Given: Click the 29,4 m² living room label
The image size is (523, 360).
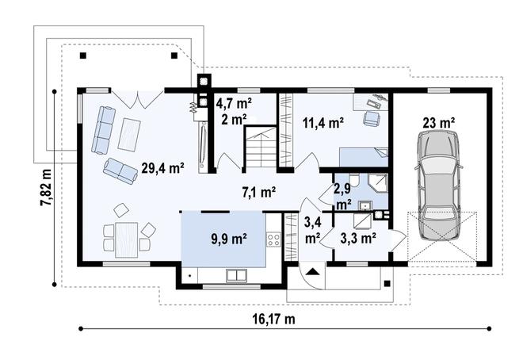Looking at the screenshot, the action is (162, 168).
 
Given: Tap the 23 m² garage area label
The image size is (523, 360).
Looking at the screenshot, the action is (439, 123).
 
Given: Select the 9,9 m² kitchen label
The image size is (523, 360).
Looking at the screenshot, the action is (229, 239).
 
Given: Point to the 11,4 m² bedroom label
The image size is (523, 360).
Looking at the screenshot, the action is (323, 123).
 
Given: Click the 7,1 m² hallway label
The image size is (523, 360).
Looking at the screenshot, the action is (259, 192).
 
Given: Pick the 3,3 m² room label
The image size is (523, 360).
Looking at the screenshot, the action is (358, 238).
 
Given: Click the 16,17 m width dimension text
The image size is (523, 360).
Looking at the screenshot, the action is (273, 320).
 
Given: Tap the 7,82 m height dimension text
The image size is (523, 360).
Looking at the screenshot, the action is (47, 187).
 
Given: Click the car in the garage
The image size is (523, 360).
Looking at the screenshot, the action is (438, 186).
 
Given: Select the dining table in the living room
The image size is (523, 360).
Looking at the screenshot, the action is (127, 240).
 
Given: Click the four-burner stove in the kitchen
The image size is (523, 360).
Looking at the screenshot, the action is (273, 239).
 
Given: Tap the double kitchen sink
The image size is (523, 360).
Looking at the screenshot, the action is (236, 275).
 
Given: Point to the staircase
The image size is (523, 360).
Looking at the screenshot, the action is (261, 147).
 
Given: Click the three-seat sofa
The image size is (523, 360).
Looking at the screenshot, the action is (103, 130).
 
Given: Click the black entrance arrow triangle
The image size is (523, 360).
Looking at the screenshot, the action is (312, 271).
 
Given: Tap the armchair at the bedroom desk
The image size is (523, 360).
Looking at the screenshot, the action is (372, 118).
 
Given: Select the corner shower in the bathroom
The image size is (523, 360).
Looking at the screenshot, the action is (377, 183).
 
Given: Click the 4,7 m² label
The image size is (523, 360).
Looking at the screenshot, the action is (234, 103).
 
